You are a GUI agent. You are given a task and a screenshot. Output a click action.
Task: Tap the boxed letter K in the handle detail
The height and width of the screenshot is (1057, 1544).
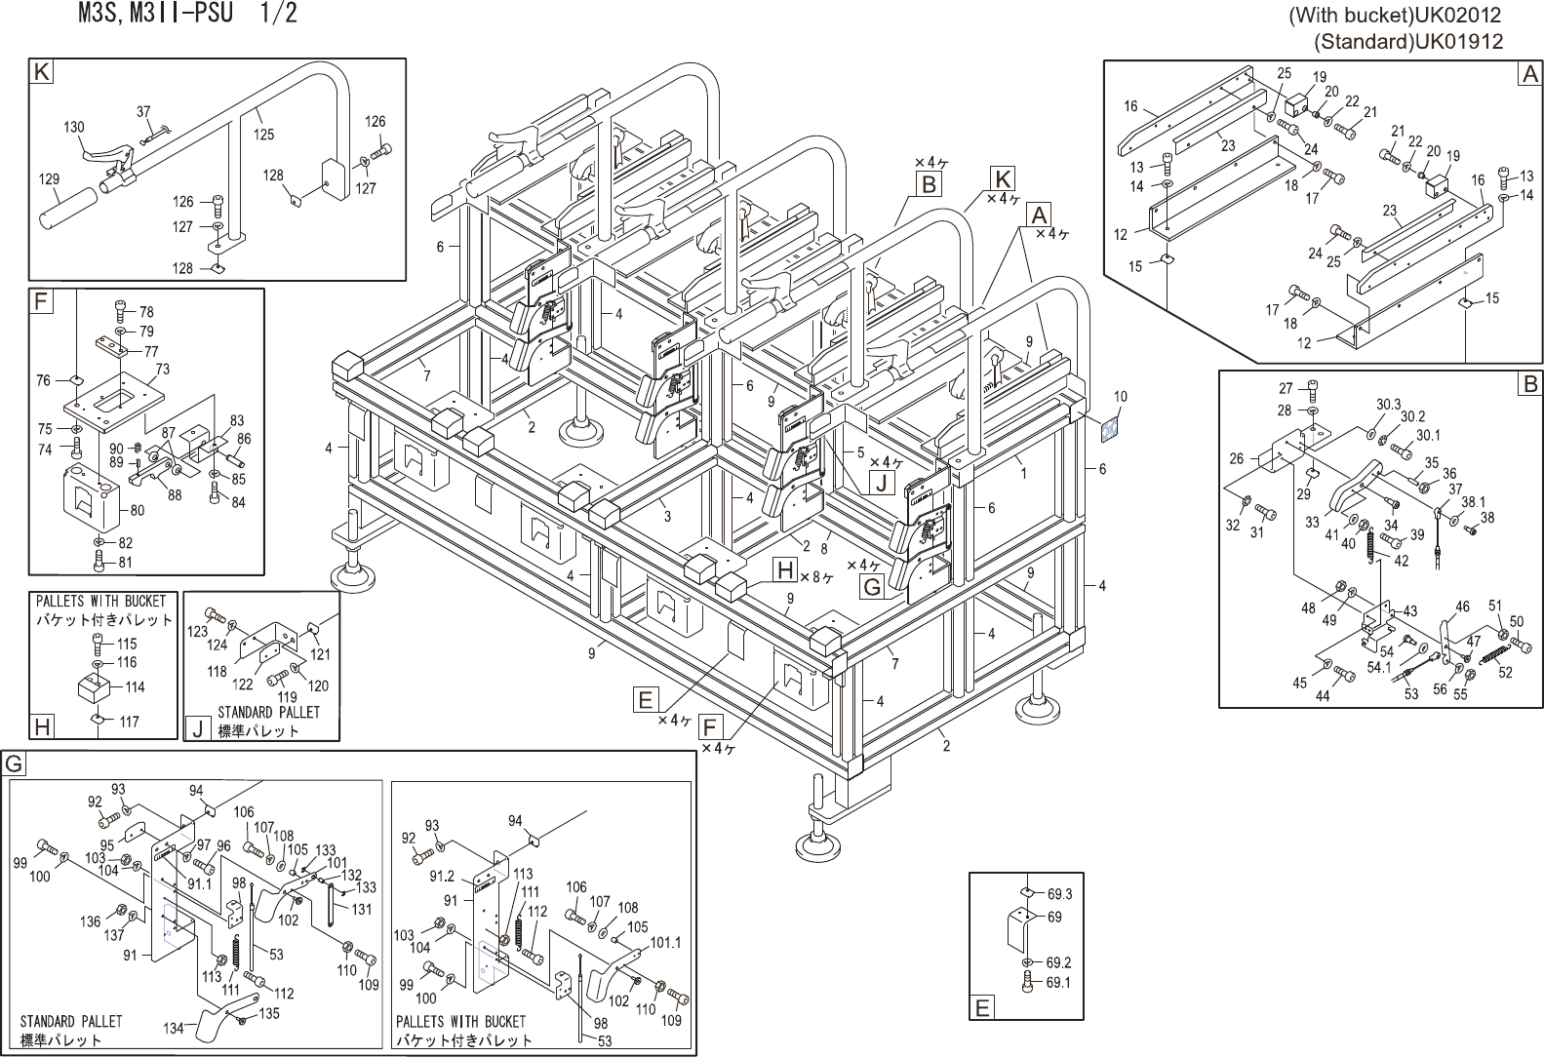pyautogui.click(x=41, y=71)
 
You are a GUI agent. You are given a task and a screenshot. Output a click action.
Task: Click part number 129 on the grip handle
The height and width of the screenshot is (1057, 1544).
pyautogui.click(x=48, y=179)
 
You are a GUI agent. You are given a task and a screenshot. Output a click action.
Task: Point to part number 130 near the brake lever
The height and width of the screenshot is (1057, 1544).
pyautogui.click(x=73, y=128)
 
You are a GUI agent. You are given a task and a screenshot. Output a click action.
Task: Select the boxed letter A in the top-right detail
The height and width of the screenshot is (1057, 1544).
pyautogui.click(x=1529, y=73)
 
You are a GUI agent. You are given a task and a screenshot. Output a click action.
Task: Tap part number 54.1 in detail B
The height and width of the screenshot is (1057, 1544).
pyautogui.click(x=1379, y=668)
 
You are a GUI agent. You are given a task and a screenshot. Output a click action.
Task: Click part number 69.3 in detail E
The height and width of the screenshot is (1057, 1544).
pyautogui.click(x=1060, y=894)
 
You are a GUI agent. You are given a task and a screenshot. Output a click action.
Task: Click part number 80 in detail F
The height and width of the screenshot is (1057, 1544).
pyautogui.click(x=137, y=510)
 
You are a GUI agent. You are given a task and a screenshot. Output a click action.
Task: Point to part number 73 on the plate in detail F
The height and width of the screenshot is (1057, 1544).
pyautogui.click(x=162, y=370)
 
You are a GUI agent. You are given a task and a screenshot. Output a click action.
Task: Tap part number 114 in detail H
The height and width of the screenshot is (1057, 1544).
pyautogui.click(x=135, y=687)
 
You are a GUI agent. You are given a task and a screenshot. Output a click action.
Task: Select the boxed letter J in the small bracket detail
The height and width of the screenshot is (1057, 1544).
pyautogui.click(x=196, y=728)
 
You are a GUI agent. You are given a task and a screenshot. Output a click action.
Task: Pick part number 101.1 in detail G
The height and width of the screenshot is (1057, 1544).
pyautogui.click(x=665, y=943)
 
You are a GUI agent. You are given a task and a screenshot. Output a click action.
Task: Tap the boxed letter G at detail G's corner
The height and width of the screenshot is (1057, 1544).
pyautogui.click(x=15, y=763)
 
